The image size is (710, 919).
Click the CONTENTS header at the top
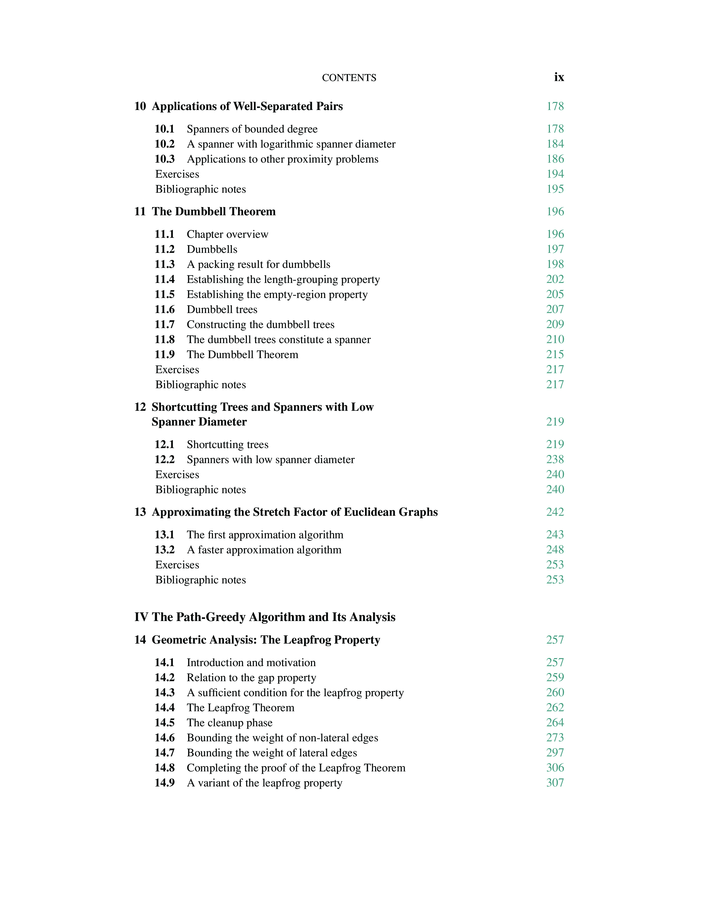coord(349,78)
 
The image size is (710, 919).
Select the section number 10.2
coord(165,144)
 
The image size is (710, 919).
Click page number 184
coord(555,144)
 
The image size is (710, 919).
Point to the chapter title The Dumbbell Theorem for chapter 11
coord(214,211)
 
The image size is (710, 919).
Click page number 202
coord(555,279)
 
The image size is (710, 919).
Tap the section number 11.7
coord(165,324)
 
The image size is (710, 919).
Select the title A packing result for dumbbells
coord(258,264)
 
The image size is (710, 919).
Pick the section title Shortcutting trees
coord(227,444)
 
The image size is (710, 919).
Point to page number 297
coord(555,752)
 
